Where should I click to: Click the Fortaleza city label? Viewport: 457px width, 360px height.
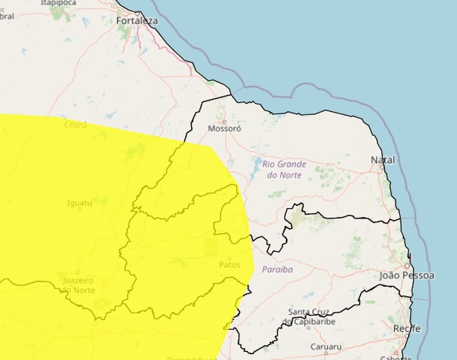[x=137, y=21]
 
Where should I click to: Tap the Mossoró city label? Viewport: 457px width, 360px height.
[x=224, y=129]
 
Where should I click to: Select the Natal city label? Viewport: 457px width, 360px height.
[x=383, y=160]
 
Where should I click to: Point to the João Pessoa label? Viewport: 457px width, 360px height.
[x=407, y=275]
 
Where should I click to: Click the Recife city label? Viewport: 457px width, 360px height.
[x=407, y=328]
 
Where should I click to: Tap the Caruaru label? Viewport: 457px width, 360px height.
[x=326, y=347]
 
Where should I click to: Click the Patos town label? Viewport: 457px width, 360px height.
[x=229, y=265]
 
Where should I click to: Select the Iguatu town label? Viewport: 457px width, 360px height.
[x=79, y=203]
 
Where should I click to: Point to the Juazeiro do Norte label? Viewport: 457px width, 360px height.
[x=78, y=286]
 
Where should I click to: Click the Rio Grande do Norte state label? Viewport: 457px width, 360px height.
[x=284, y=170]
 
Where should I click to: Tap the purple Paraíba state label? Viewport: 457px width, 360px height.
[x=277, y=269]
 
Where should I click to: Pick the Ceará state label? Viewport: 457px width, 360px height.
[x=76, y=124]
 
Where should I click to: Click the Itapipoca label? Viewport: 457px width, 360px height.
[x=58, y=3]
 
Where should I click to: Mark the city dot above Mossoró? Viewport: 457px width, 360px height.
[x=224, y=122]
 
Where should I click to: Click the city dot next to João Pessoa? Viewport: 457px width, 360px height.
[x=407, y=266]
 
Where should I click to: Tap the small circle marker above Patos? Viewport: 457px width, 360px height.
[x=229, y=258]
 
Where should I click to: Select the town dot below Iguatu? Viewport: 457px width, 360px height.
[x=79, y=209]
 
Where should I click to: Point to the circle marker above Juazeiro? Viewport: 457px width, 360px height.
[x=78, y=273]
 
